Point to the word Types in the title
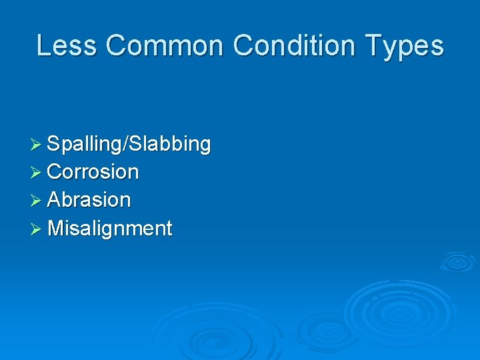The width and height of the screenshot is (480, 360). coord(407,46)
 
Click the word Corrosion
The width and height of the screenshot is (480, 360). coord(93,172)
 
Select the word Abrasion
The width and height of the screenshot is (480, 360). coord(89,200)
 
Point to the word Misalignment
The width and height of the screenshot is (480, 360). coord(110,229)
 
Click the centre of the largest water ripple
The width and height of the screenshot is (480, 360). coord(399,311)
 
